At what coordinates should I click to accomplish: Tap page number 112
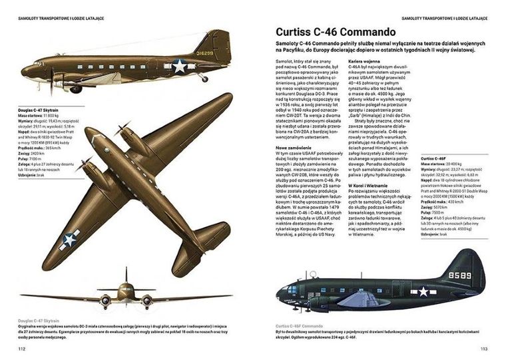[21, 348]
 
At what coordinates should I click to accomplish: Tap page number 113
[484, 348]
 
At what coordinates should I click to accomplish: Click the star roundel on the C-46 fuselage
[423, 291]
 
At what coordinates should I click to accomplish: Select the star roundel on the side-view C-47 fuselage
[178, 65]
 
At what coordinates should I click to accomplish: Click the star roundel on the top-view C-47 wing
[71, 240]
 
